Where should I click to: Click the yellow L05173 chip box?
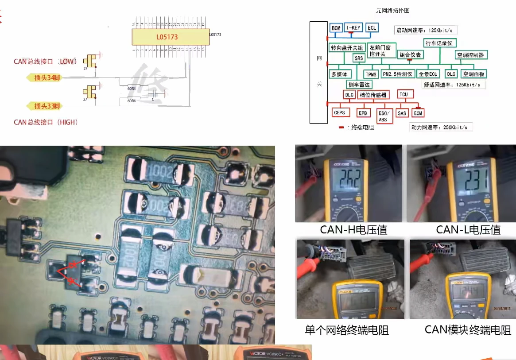(x=170, y=37)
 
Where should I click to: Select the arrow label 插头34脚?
(x=45, y=78)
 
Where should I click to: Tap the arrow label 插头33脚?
(x=45, y=106)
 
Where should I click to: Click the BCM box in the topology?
(x=336, y=28)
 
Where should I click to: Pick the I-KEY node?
(x=354, y=27)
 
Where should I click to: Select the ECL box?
(x=372, y=27)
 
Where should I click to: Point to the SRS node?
(x=358, y=58)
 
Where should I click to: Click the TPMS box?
(x=371, y=74)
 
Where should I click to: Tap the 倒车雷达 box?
(x=359, y=84)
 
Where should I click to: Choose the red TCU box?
(x=403, y=94)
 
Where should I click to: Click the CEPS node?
(x=339, y=113)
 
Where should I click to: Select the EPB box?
(x=363, y=113)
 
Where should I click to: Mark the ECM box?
(x=418, y=113)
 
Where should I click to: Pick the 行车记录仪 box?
(x=438, y=43)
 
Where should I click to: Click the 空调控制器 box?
(x=471, y=55)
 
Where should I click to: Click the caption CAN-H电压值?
(x=353, y=230)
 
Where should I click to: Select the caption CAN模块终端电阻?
(x=467, y=330)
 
